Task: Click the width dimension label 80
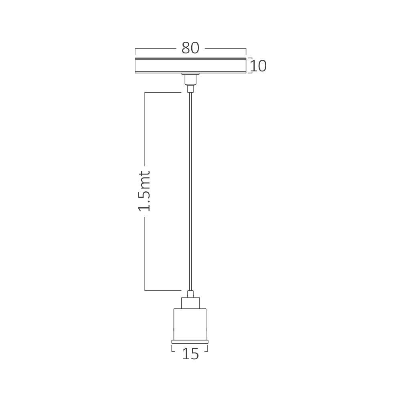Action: [x=190, y=48]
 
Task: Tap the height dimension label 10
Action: [x=258, y=66]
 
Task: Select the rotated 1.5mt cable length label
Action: [x=144, y=191]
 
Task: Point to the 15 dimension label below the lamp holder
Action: [x=190, y=354]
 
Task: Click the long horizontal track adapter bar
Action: [x=190, y=65]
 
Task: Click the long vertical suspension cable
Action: [x=190, y=188]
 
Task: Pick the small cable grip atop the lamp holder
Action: [x=190, y=294]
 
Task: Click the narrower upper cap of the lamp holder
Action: [x=190, y=303]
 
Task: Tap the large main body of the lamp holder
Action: [x=190, y=324]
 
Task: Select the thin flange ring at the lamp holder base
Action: [x=190, y=342]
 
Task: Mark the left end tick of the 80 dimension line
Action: [x=135, y=51]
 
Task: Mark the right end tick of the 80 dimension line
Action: [x=246, y=51]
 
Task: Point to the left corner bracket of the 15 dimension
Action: [x=172, y=349]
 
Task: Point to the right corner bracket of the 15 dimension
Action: [x=207, y=349]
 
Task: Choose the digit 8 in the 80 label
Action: [x=185, y=48]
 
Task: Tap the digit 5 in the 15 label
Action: [x=194, y=354]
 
